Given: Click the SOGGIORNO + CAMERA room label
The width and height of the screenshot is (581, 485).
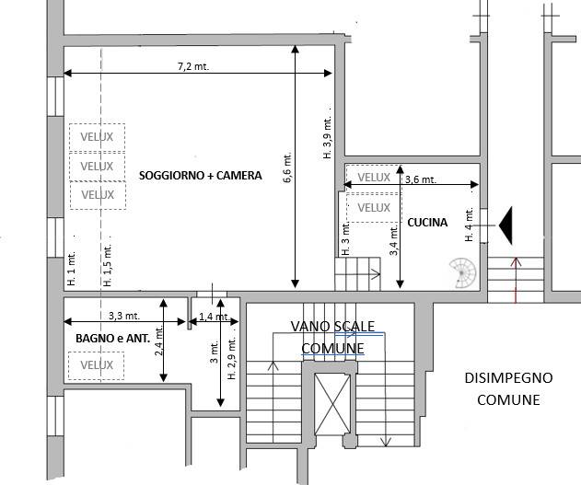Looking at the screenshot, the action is coord(201,175).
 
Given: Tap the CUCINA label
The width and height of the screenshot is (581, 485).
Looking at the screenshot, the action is coord(427,222).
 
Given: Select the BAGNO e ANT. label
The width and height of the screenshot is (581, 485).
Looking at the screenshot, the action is coord(112,339).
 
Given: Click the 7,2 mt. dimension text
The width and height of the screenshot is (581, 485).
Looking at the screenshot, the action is coord(193,66).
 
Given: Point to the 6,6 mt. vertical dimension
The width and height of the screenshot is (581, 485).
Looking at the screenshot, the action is coord(288,167).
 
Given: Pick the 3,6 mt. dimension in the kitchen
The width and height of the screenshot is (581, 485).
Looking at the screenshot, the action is coord(421,179).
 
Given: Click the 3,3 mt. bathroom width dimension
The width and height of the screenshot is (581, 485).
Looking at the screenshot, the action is coord(124,316).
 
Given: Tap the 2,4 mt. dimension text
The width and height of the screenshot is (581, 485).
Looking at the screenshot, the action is coord(159,341).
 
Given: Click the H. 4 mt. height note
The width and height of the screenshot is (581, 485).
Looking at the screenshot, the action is coord(469,225).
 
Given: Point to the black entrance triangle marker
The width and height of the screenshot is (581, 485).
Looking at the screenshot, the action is coord(505,225).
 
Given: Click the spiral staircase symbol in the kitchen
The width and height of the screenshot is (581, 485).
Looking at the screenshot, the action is coord(462,273).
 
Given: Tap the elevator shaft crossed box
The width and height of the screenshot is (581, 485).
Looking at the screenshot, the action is coord(332,404).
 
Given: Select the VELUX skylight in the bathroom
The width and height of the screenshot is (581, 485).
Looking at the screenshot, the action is coord(97,365).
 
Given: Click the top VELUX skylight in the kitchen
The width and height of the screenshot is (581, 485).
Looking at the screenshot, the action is coord(374,178).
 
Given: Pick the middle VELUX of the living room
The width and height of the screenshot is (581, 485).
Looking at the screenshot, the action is coord(97,167).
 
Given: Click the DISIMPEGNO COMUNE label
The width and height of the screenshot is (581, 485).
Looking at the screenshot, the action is coord(508,388).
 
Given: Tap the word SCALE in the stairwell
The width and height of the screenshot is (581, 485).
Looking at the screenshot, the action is coord(354,326).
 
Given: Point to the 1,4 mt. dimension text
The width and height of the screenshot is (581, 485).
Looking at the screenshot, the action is coord(215,317).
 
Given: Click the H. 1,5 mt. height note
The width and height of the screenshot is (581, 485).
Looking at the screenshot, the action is coord(108,264).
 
